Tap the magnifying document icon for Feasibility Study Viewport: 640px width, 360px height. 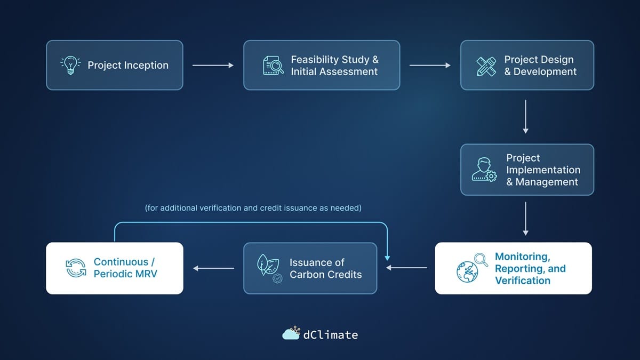[274, 66]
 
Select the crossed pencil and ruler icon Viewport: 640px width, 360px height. [486, 66]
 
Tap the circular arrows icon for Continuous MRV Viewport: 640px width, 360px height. [75, 268]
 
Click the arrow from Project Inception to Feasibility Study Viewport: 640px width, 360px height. [213, 65]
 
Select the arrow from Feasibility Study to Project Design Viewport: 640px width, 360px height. [430, 65]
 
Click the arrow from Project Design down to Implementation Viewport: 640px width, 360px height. [525, 116]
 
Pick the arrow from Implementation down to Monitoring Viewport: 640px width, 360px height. [525, 219]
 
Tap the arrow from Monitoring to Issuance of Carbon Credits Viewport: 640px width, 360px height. [406, 268]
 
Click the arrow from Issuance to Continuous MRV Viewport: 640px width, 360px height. [213, 268]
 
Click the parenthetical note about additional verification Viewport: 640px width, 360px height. [253, 208]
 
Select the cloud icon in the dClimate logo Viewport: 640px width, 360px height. [291, 334]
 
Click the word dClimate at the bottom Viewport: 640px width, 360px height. [331, 335]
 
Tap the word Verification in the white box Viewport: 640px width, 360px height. [522, 281]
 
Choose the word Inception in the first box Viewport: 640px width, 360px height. [146, 65]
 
